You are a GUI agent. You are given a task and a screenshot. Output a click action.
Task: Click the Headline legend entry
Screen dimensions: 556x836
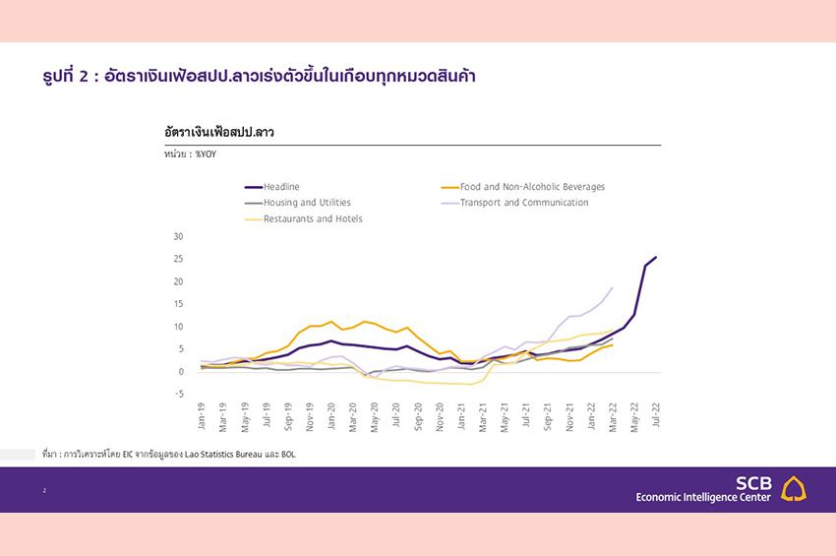[x=281, y=187]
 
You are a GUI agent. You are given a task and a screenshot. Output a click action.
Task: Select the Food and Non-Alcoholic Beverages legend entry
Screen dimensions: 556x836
[x=532, y=187]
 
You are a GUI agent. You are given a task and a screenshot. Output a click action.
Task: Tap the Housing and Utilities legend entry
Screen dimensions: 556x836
[x=307, y=203]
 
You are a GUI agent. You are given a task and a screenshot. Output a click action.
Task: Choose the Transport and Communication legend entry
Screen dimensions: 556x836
[x=524, y=203]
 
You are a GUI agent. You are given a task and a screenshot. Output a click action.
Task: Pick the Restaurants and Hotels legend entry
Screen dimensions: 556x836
[x=313, y=218]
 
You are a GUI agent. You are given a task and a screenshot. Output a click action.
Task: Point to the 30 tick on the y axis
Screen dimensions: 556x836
[x=178, y=236]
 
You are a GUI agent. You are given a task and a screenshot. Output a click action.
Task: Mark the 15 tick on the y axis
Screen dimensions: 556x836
[x=178, y=304]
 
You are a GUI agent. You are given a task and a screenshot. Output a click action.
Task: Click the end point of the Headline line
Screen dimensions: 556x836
[x=656, y=257]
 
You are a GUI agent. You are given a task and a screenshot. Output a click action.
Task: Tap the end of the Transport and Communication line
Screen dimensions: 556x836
[x=613, y=287]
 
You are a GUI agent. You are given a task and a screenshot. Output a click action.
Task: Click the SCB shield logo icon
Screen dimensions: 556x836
[x=794, y=488]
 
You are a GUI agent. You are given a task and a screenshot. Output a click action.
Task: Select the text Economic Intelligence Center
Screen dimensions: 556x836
[x=704, y=498]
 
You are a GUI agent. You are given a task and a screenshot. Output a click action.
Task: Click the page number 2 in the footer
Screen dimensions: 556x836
[x=44, y=490]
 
